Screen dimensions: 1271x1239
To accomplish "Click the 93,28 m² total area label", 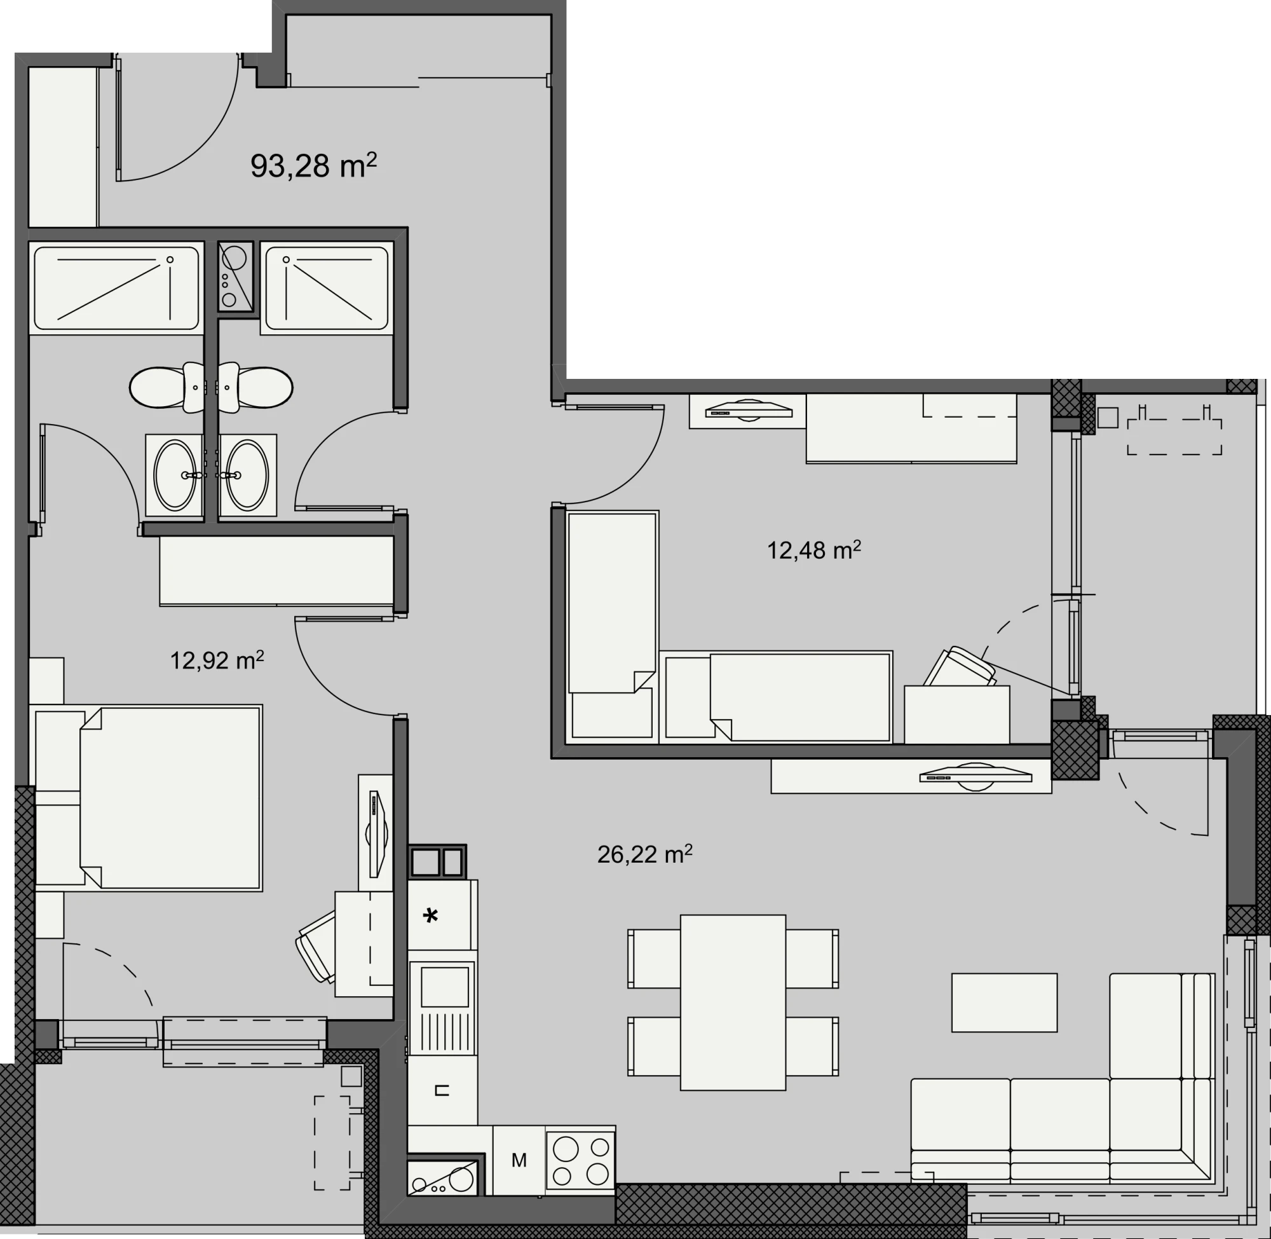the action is point(313,166).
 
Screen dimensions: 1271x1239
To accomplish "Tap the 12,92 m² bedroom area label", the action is point(217,661).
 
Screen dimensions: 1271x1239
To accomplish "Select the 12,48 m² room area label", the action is point(813,551).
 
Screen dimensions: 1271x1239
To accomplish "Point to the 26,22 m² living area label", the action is point(644,854).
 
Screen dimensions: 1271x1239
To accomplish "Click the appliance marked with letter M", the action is point(519,1160).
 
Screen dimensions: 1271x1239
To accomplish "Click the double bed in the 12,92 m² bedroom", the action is point(148,798).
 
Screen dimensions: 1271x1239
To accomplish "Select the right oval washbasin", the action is point(247,475).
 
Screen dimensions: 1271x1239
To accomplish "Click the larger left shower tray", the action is point(116,288).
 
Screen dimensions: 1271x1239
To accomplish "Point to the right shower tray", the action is point(327,288).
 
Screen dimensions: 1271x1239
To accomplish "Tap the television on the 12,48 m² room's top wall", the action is point(749,411).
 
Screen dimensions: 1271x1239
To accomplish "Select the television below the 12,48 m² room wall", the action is point(975,777).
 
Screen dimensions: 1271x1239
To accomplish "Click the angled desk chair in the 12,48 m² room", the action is point(960,667).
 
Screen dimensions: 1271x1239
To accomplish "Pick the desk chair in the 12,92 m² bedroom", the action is point(316,947).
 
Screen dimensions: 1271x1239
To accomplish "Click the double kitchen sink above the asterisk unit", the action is point(437,863).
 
